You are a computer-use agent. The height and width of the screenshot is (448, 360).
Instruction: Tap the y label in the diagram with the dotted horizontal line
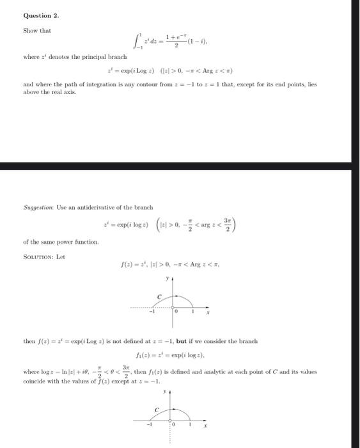tap(168, 279)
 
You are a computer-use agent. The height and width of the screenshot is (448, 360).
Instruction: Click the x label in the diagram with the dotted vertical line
tap(205, 425)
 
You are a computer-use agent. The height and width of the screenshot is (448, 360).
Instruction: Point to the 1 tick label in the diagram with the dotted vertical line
tap(191, 424)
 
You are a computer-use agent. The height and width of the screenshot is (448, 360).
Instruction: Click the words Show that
tap(36, 30)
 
